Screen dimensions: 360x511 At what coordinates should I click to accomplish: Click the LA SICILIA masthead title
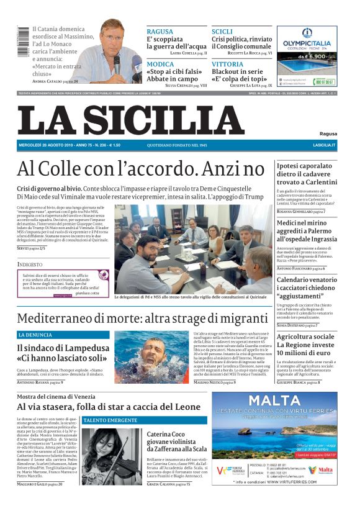tap(130, 120)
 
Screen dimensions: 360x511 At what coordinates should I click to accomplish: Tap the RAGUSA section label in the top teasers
tap(160, 31)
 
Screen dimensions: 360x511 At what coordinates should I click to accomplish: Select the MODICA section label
tap(160, 64)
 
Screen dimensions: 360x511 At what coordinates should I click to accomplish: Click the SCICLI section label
tap(222, 31)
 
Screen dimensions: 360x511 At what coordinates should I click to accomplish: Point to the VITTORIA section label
tap(227, 64)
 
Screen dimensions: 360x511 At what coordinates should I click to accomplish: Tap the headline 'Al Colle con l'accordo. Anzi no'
tap(140, 169)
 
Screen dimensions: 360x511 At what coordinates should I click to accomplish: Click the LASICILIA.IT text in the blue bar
tap(324, 145)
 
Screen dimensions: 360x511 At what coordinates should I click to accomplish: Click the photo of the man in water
tap(151, 357)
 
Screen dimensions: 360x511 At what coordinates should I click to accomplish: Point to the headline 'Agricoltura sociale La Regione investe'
tap(307, 344)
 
